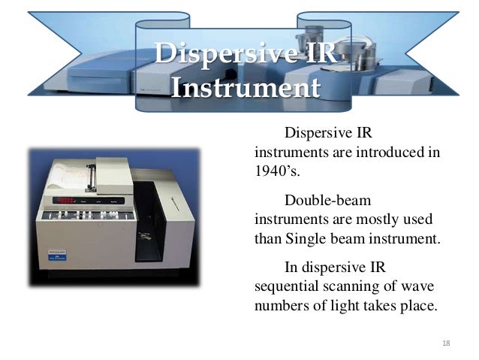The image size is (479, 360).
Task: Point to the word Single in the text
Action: click(306, 240)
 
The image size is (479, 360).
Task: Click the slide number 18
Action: click(446, 343)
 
